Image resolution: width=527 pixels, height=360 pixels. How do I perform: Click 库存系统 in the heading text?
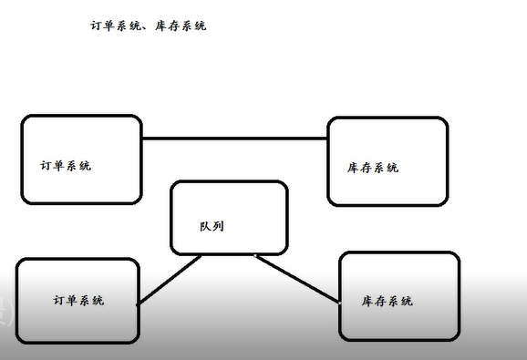coord(181,26)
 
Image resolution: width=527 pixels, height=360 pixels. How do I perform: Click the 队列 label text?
coord(211,225)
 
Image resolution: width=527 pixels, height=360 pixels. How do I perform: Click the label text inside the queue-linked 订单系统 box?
coord(78,300)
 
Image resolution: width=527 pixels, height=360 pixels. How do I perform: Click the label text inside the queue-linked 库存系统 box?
coord(387,301)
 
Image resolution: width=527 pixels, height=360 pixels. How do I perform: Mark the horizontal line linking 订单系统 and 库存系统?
coord(234,139)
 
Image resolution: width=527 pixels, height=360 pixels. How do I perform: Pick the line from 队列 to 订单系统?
coord(169,280)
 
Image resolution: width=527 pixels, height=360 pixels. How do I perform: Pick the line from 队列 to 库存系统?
coord(296,277)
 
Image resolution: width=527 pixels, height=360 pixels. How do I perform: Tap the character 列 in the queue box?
coord(217,225)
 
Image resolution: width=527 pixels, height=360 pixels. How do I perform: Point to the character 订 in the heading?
coord(95,26)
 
